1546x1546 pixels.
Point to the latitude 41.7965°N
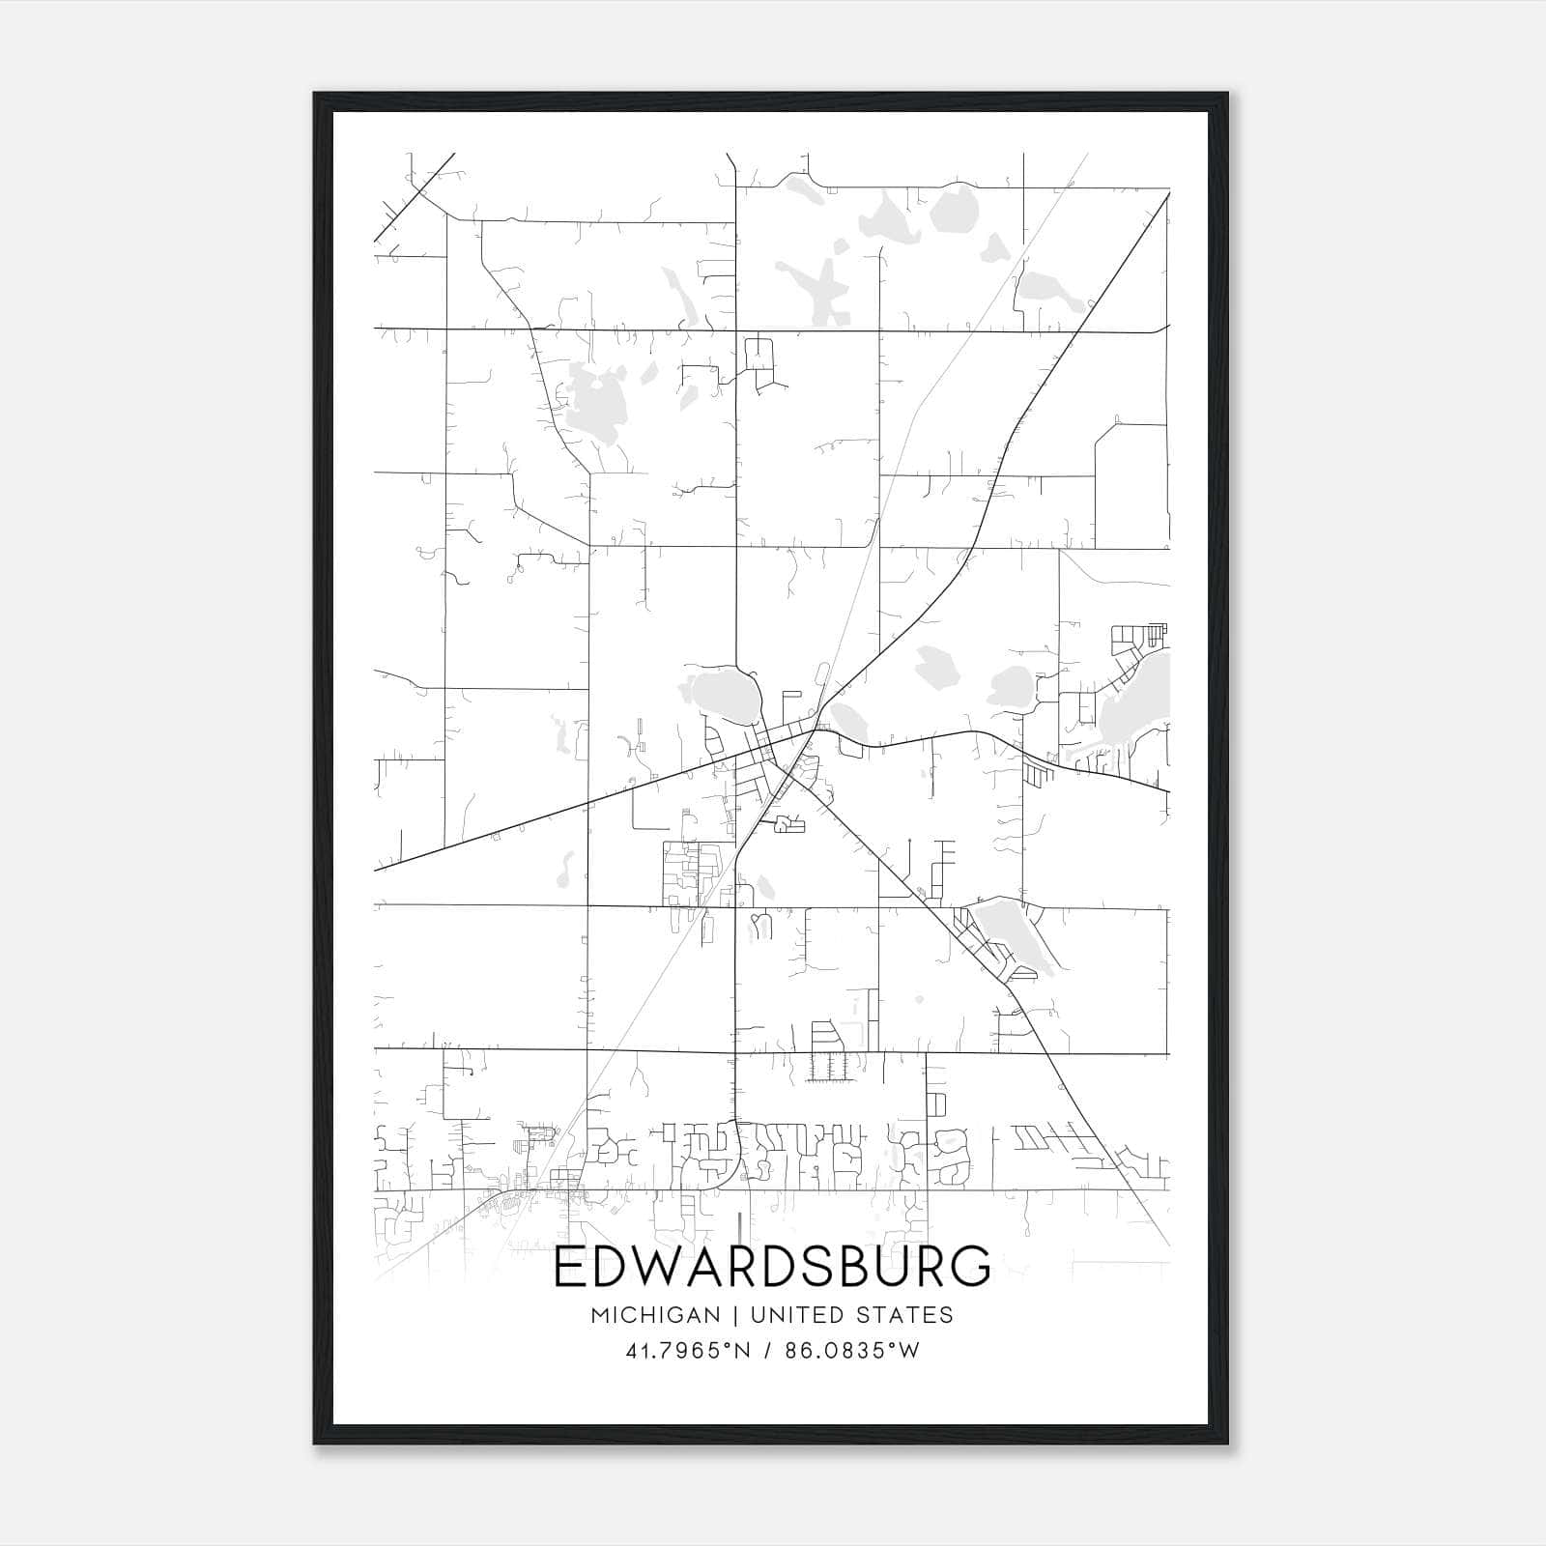[x=688, y=1351]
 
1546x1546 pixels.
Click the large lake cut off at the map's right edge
[x=1140, y=705]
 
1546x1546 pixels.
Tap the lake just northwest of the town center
[x=720, y=693]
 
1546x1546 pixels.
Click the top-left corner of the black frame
[x=315, y=94]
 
